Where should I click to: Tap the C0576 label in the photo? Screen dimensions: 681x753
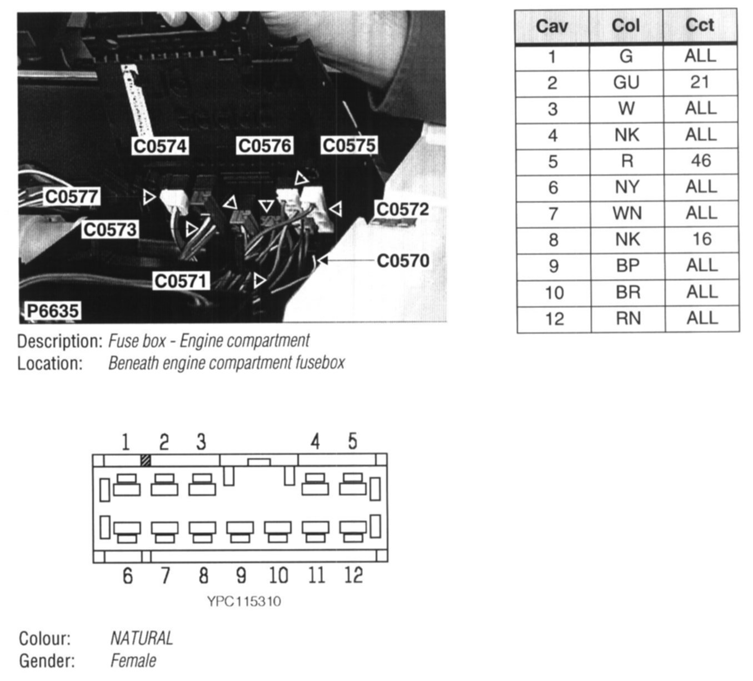pyautogui.click(x=265, y=146)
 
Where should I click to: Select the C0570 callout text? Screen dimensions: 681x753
pyautogui.click(x=403, y=261)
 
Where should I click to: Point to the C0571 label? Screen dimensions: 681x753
pyautogui.click(x=181, y=281)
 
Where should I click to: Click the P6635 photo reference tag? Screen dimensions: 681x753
pyautogui.click(x=52, y=311)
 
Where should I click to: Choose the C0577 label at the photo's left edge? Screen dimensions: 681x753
pyautogui.click(x=72, y=197)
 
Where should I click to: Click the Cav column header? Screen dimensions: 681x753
pyautogui.click(x=551, y=26)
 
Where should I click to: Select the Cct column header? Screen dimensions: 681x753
pyautogui.click(x=700, y=25)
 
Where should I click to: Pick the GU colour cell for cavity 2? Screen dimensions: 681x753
pyautogui.click(x=626, y=83)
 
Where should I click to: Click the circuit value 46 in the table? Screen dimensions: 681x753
pyautogui.click(x=700, y=161)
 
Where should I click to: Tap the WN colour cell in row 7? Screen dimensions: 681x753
pyautogui.click(x=626, y=213)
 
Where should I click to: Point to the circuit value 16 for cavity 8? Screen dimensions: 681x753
pyautogui.click(x=701, y=240)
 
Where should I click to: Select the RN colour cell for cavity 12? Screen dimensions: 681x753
pyautogui.click(x=627, y=319)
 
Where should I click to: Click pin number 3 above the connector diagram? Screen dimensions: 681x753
pyautogui.click(x=201, y=442)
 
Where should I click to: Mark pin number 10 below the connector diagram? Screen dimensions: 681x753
pyautogui.click(x=278, y=575)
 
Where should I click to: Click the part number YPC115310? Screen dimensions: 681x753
pyautogui.click(x=244, y=602)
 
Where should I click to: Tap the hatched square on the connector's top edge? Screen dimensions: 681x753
pyautogui.click(x=146, y=460)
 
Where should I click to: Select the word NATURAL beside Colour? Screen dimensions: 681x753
pyautogui.click(x=142, y=638)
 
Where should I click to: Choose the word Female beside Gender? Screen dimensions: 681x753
pyautogui.click(x=133, y=661)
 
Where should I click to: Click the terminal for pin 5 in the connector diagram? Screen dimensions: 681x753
pyautogui.click(x=353, y=485)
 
